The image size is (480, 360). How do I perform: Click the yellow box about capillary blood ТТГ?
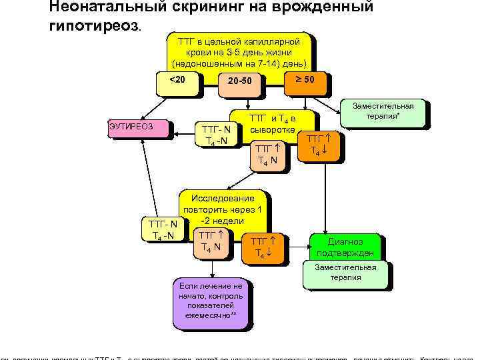(239, 53)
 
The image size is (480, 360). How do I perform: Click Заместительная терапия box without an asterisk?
(345, 272)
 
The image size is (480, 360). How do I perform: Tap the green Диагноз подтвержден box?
(345, 247)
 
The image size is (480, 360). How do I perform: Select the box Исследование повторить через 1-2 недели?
(222, 210)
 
